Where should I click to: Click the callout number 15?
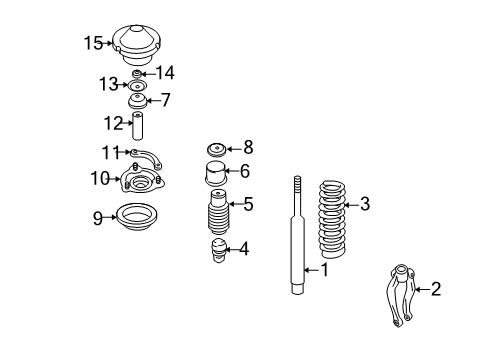pyautogui.click(x=93, y=43)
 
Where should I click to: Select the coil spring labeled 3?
pyautogui.click(x=332, y=219)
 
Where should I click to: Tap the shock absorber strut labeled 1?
pyautogui.click(x=298, y=235)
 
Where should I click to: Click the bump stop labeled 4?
pyautogui.click(x=219, y=250)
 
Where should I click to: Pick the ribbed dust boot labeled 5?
pyautogui.click(x=219, y=212)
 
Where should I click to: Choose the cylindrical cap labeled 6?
pyautogui.click(x=216, y=174)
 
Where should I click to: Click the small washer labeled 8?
pyautogui.click(x=217, y=149)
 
